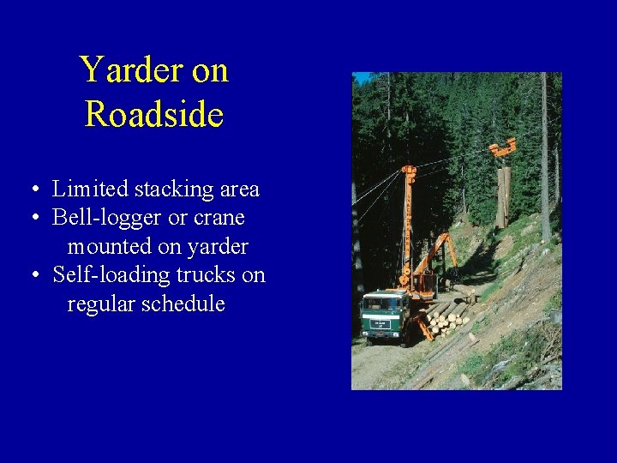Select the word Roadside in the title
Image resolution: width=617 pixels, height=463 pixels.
point(154,114)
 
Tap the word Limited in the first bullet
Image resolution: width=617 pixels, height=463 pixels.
point(88,189)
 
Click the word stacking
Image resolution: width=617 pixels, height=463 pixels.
point(166,189)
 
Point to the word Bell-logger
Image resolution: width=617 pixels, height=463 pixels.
point(107,218)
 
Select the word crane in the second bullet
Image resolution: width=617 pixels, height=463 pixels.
point(220,218)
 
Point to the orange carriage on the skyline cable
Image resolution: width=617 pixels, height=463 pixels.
point(503,148)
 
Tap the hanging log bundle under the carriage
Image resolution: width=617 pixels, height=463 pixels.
point(503,195)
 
